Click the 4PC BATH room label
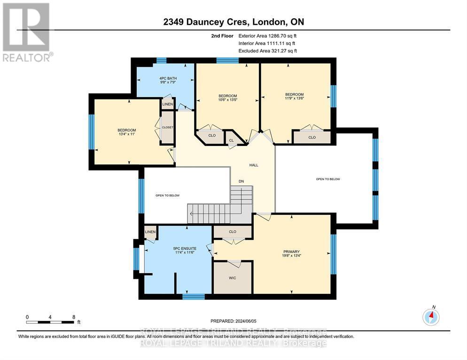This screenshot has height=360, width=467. (x=168, y=78)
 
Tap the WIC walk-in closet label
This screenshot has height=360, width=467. (x=232, y=278)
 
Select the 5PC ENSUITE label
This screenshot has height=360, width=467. (x=185, y=248)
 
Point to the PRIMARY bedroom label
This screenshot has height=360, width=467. (x=291, y=252)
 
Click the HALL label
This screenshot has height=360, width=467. (x=254, y=165)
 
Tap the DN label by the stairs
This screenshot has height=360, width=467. (x=241, y=181)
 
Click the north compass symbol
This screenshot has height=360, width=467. (x=431, y=317)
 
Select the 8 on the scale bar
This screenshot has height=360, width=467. (x=74, y=317)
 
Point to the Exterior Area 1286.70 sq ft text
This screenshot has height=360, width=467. (x=267, y=36)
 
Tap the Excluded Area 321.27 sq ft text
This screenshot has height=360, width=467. (x=268, y=51)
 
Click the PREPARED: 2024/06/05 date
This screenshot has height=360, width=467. (x=233, y=321)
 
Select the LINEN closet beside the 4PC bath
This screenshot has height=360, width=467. (x=167, y=104)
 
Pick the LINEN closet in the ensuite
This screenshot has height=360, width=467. (x=150, y=232)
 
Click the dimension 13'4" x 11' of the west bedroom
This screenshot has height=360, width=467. (x=126, y=134)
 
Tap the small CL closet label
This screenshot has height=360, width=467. (x=232, y=140)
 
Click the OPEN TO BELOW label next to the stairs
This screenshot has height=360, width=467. (x=168, y=195)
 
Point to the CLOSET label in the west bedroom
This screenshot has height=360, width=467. (x=167, y=127)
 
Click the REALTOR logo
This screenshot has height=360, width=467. (x=28, y=32)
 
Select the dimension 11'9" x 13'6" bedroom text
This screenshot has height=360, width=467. (x=294, y=98)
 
